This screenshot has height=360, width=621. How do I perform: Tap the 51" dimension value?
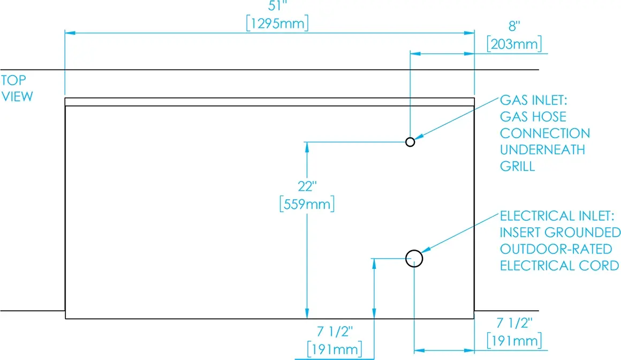pyautogui.click(x=277, y=6)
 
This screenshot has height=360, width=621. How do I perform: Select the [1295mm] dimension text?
pyautogui.click(x=277, y=24)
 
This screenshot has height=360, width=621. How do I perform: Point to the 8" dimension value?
pyautogui.click(x=514, y=26)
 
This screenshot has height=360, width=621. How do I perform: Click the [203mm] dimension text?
pyautogui.click(x=514, y=43)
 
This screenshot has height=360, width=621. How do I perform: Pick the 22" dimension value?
pyautogui.click(x=307, y=186)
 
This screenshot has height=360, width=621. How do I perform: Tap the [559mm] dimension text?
pyautogui.click(x=307, y=204)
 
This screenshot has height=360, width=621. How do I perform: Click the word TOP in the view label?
pyautogui.click(x=13, y=80)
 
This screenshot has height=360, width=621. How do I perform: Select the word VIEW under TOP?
pyautogui.click(x=17, y=96)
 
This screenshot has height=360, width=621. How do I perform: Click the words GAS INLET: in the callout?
pyautogui.click(x=534, y=100)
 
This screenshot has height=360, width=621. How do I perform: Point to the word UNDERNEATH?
pyautogui.click(x=542, y=150)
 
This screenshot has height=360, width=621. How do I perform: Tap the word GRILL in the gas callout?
pyautogui.click(x=517, y=166)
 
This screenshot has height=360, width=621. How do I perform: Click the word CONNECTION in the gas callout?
pyautogui.click(x=545, y=133)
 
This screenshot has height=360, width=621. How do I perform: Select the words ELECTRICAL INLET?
pyautogui.click(x=557, y=216)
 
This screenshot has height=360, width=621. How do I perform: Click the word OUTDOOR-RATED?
pyautogui.click(x=556, y=249)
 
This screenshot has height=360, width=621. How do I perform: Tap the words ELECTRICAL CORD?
pyautogui.click(x=559, y=266)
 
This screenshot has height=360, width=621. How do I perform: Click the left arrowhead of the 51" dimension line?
pyautogui.click(x=70, y=33)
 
